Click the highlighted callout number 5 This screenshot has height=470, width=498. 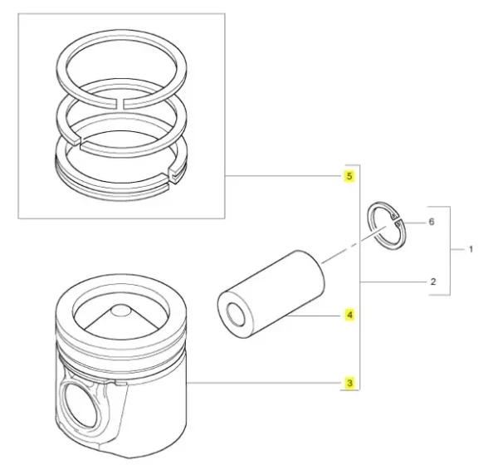coord(349,176)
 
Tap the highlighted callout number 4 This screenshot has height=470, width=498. coord(349,315)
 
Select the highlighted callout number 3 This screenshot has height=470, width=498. coord(349,383)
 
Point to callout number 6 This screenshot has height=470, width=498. coord(432,222)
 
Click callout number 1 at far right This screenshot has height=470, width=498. coord(471,249)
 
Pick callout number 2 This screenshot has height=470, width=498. coord(433,282)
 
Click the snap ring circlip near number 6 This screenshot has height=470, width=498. coord(388,225)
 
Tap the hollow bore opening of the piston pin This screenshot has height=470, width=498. coord(236,314)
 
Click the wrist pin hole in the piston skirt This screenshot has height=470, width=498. coord(81,404)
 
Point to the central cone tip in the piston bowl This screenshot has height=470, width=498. coord(120,310)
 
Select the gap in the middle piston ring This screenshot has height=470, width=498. coord(79,141)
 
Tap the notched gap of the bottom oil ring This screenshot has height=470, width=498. coord(174,176)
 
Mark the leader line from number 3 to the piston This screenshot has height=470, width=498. coord(263,383)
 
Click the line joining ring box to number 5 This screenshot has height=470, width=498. coord(283,176)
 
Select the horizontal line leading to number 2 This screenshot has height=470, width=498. coord(393,282)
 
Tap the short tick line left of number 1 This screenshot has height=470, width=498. coord(457,250)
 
